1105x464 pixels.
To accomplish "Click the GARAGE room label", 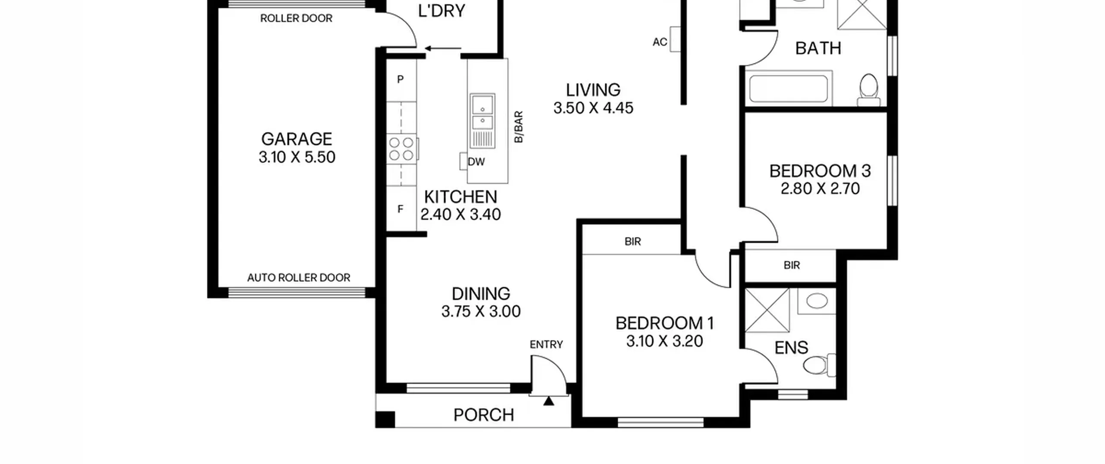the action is pos(297,139).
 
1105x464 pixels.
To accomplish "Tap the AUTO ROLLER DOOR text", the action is pos(299,278).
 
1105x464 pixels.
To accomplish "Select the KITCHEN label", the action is pos(461,197).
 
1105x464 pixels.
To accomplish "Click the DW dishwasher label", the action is pos(476,162).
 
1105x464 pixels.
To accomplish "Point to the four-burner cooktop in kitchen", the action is pos(401,148).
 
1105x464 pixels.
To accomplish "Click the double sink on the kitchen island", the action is pos(483,111).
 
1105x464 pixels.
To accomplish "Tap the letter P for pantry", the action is pos(401,79).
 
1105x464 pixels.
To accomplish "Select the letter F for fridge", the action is pos(401,209).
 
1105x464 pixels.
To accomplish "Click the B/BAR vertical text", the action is pos(519,126).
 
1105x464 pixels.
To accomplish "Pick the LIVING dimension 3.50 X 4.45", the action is pos(594,108).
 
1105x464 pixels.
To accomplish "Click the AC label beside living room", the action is pos(660,42).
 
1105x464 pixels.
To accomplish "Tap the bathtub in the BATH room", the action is pos(788,88).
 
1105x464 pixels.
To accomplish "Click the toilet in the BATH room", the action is pos(869,90).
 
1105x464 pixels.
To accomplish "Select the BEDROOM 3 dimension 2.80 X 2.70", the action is pos(820,189).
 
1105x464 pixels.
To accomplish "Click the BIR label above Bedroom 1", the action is pos(633,242).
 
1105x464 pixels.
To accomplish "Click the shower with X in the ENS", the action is pos(767,310).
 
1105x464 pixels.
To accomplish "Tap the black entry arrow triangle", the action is pos(549,401).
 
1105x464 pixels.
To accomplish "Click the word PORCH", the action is pos(484,415).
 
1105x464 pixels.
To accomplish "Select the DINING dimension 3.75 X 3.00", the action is pos(481,311).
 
